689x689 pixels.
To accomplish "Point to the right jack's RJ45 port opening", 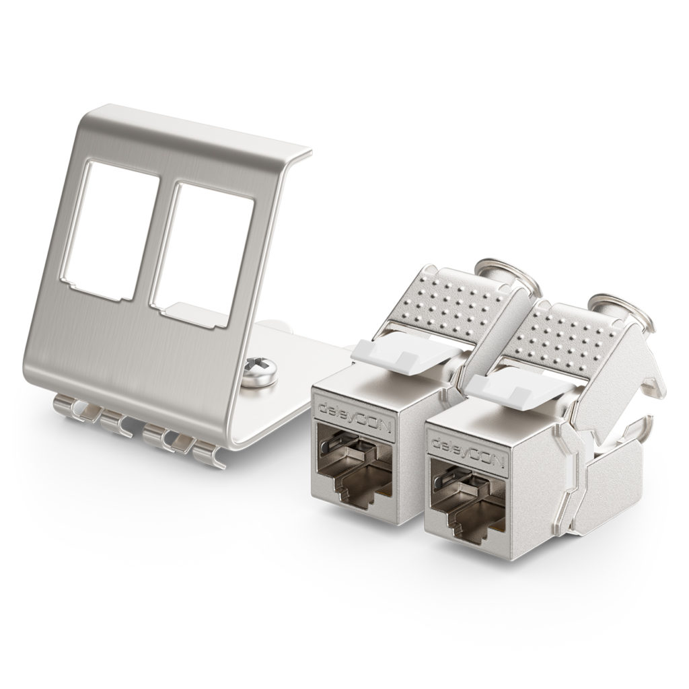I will click(x=468, y=495).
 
